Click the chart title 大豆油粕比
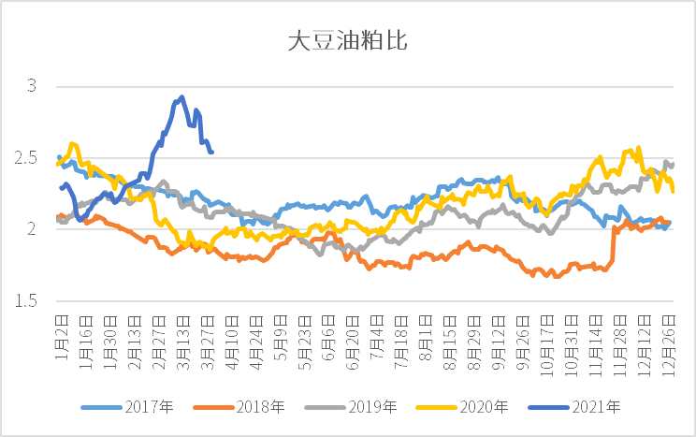[347, 42]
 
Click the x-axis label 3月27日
[207, 343]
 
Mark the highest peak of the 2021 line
[181, 96]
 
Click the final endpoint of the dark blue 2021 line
[212, 152]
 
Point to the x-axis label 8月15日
[449, 343]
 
